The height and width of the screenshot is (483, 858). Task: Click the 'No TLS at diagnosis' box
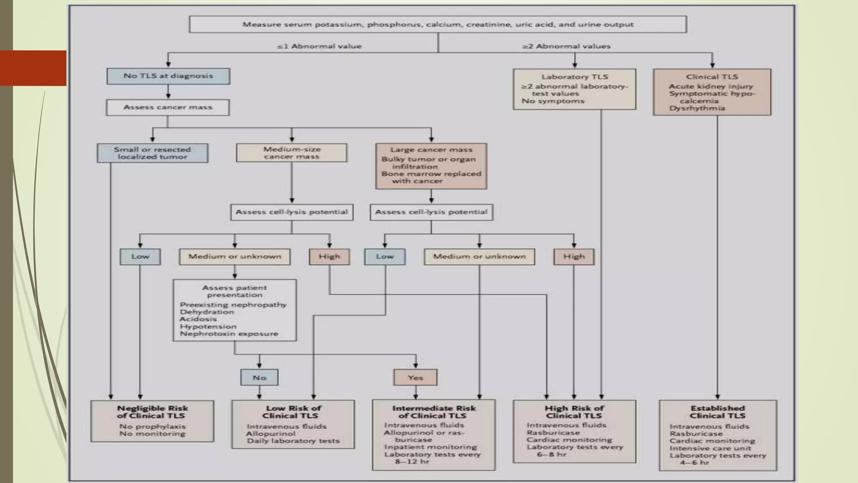point(168,76)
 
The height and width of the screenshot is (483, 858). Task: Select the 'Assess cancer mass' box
point(168,107)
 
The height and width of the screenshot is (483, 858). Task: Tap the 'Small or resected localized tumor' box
point(152,153)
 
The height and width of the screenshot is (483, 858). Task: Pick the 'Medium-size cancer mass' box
point(292,153)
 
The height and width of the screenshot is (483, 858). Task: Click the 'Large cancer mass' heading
point(431,150)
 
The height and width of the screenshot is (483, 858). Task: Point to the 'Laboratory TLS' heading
point(574,77)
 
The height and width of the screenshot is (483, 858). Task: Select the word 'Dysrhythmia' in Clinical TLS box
point(697,108)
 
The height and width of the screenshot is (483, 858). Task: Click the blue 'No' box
point(259,377)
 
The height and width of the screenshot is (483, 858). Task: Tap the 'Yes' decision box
point(415,377)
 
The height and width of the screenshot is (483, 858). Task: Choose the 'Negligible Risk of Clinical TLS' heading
point(152,412)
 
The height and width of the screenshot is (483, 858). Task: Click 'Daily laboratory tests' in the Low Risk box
point(293,441)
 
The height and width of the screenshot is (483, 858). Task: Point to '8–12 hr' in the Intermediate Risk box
point(412,462)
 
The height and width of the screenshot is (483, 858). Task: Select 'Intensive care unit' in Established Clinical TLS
point(710,448)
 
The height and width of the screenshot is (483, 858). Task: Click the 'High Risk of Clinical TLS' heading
point(574,412)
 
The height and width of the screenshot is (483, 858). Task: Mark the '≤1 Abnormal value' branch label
point(319,46)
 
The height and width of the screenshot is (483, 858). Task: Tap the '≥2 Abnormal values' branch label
point(566,46)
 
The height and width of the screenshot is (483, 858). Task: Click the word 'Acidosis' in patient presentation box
point(198,319)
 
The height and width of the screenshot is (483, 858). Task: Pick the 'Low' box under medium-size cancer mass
point(140,257)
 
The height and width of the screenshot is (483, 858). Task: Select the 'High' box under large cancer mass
point(574,257)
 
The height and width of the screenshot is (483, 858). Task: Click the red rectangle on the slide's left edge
point(33,68)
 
